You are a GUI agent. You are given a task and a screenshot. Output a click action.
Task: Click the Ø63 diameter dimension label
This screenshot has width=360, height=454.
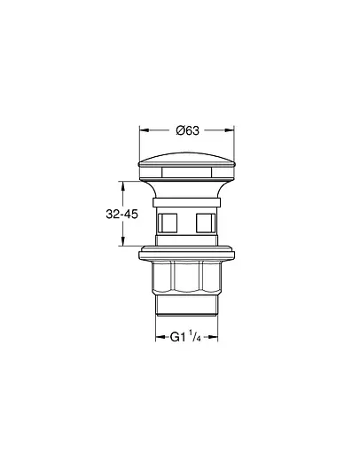tap(187, 130)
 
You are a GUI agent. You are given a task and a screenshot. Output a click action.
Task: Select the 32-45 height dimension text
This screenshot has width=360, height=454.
tap(121, 214)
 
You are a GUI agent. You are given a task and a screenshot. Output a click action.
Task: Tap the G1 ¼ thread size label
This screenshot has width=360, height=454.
tap(185, 337)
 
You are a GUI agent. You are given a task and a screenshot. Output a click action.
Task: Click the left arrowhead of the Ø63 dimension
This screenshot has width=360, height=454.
tap(144, 130)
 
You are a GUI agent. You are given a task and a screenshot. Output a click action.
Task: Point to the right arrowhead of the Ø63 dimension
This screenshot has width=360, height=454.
tap(230, 130)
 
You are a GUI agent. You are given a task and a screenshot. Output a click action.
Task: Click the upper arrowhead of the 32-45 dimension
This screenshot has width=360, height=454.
tap(122, 185)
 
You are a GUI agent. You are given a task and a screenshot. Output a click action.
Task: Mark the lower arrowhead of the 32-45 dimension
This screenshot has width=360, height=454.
tap(122, 241)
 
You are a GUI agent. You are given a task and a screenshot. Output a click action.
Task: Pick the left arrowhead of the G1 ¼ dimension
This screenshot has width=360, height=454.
tap(160, 337)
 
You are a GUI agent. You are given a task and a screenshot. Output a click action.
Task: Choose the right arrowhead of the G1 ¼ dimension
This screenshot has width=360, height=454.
tap(214, 337)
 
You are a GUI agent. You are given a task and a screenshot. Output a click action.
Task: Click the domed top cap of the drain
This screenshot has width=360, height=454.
tap(187, 160)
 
